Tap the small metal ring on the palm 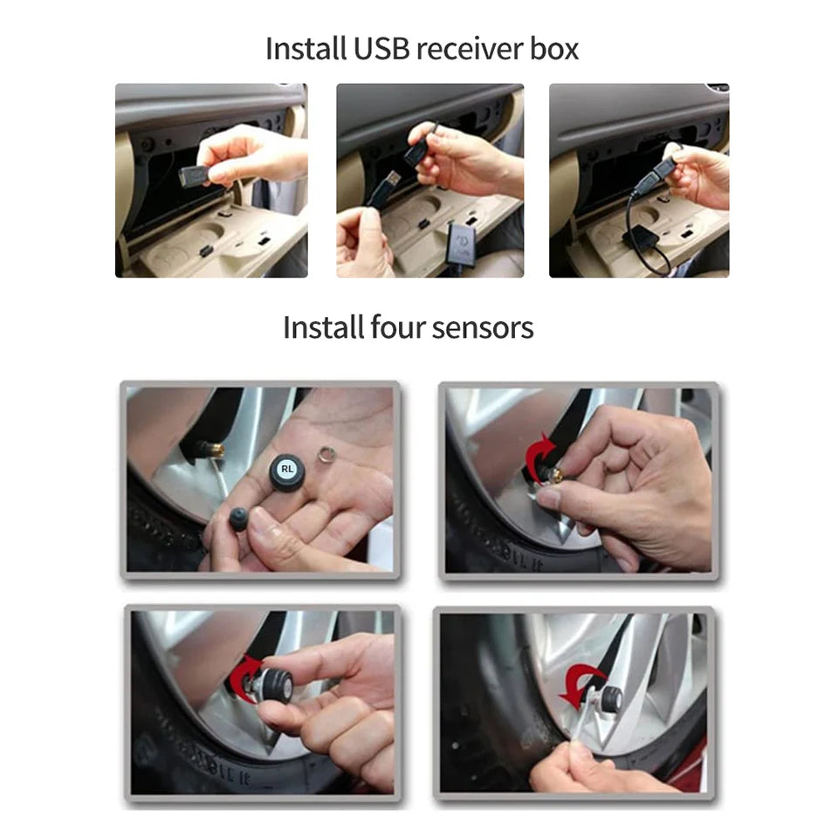point(327,456)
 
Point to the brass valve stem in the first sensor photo point(212,450)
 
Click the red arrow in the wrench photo point(580,683)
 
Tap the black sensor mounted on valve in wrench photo point(611,697)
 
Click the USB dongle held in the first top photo point(193,175)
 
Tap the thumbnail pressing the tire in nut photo point(547,498)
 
